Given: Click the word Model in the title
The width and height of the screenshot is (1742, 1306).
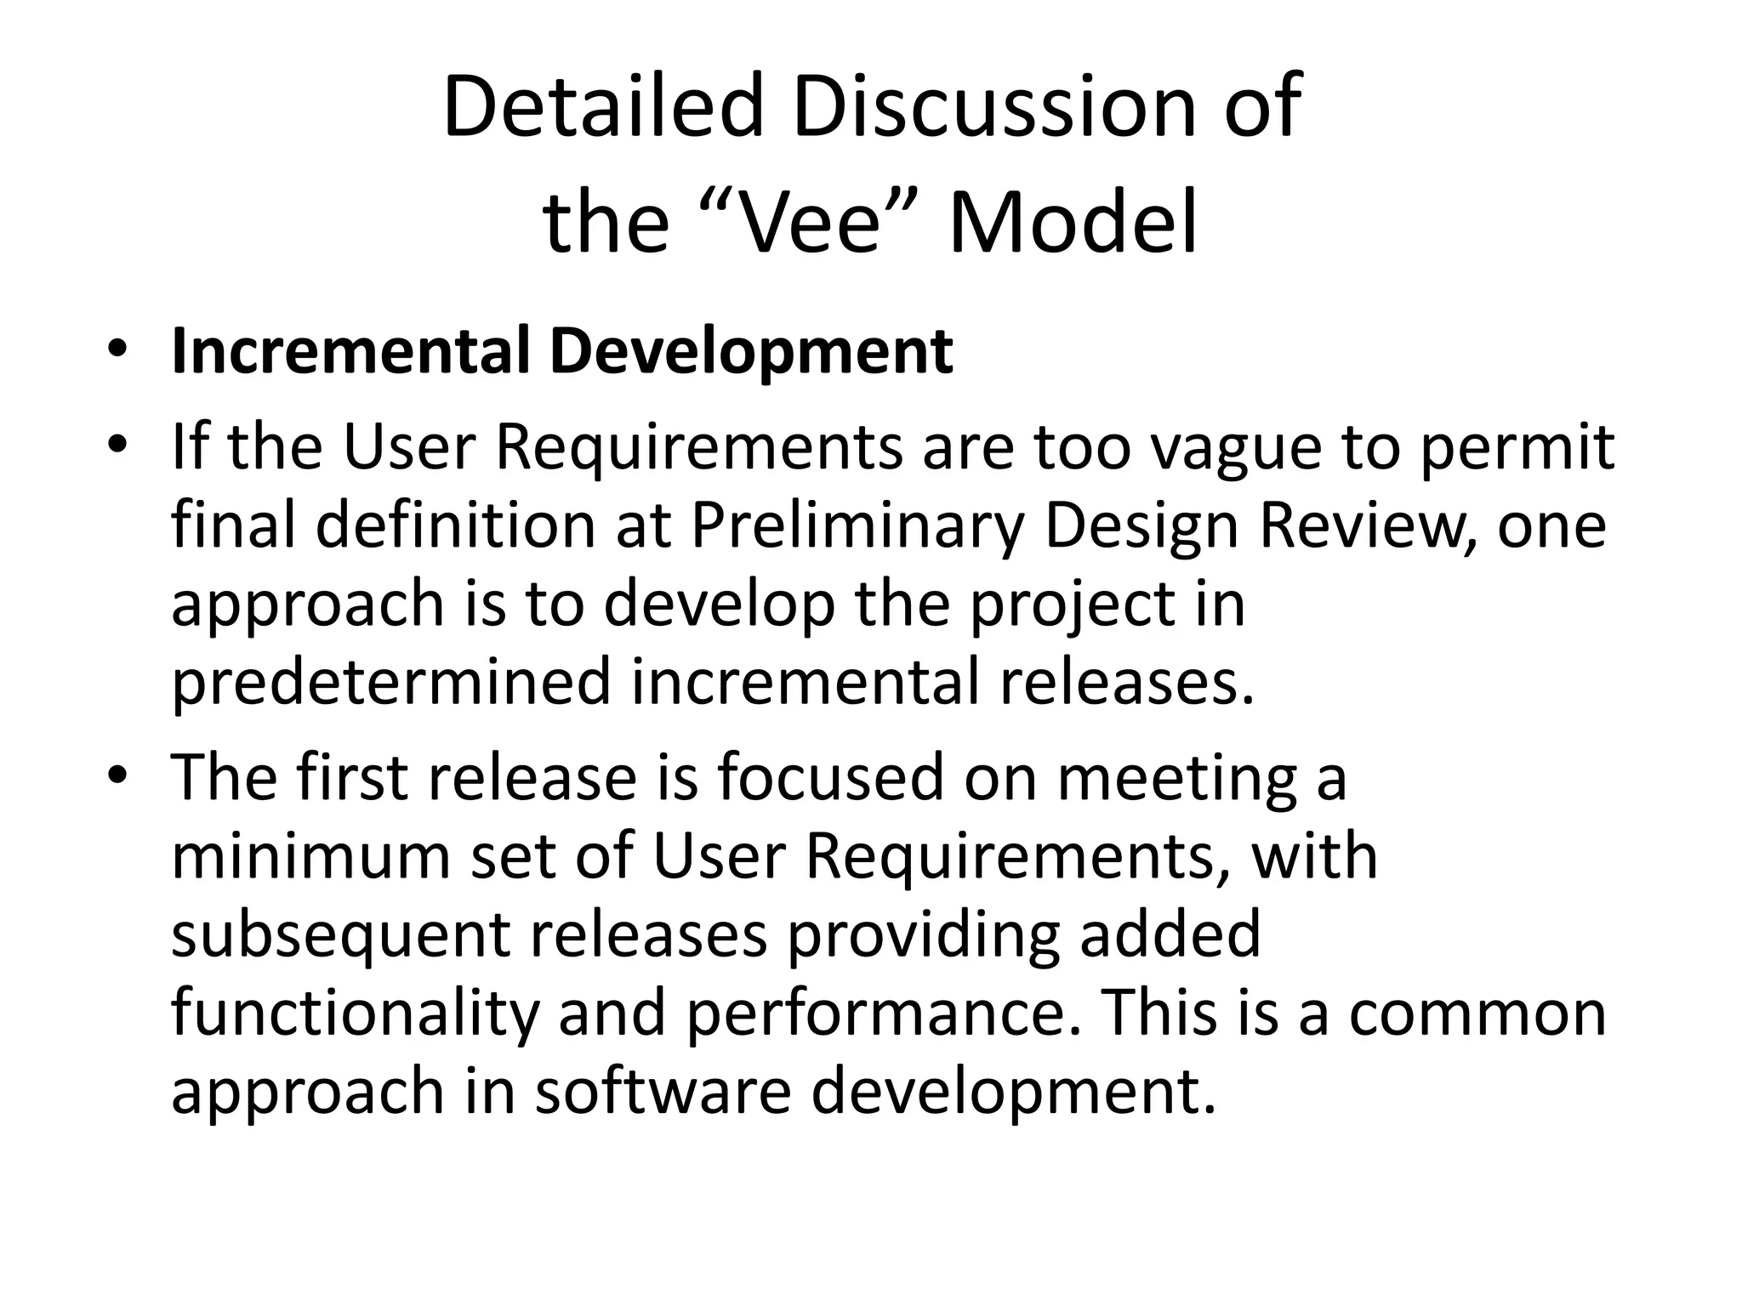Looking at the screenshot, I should [1073, 224].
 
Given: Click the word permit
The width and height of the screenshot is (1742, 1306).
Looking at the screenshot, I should [1517, 449].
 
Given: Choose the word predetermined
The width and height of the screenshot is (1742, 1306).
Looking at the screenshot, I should [391, 683].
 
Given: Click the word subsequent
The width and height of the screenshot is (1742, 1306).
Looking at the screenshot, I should [340, 934].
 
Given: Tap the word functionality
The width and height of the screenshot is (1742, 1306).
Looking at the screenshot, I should [356, 1014].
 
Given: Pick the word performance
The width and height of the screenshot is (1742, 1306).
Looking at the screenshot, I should [875, 1014].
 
